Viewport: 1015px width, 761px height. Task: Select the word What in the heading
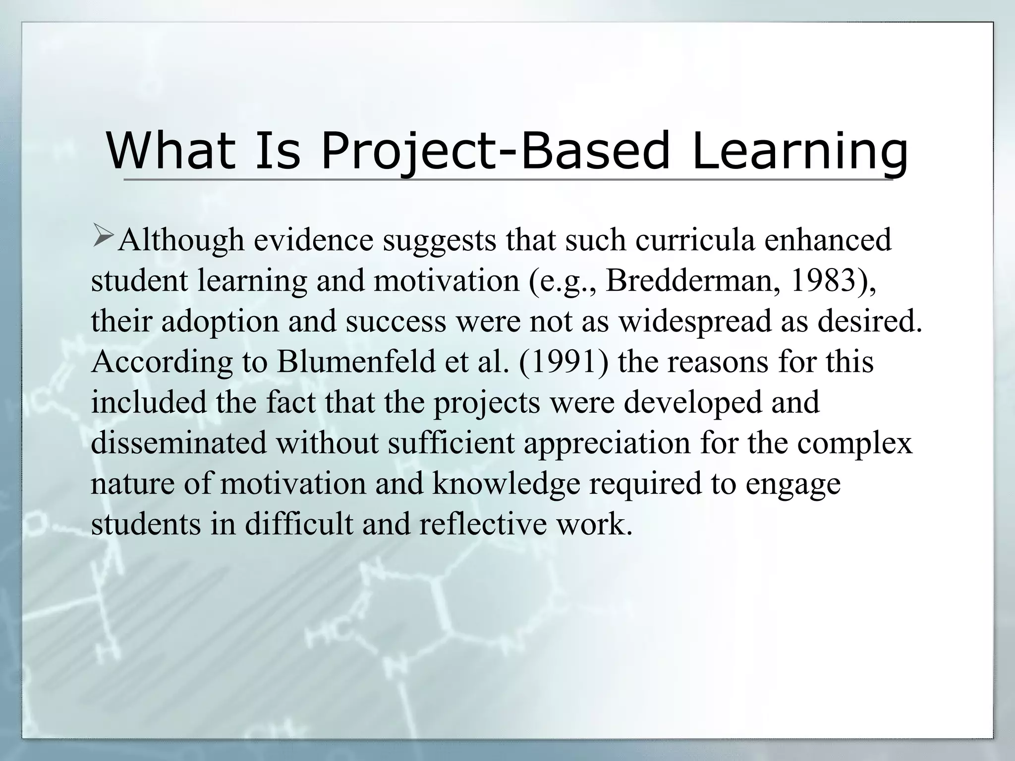click(x=171, y=150)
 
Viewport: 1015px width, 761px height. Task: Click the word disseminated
click(x=179, y=442)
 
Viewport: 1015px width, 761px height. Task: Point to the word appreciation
click(x=607, y=443)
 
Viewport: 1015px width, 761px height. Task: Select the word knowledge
click(x=506, y=484)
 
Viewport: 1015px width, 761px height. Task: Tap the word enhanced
click(x=828, y=240)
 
